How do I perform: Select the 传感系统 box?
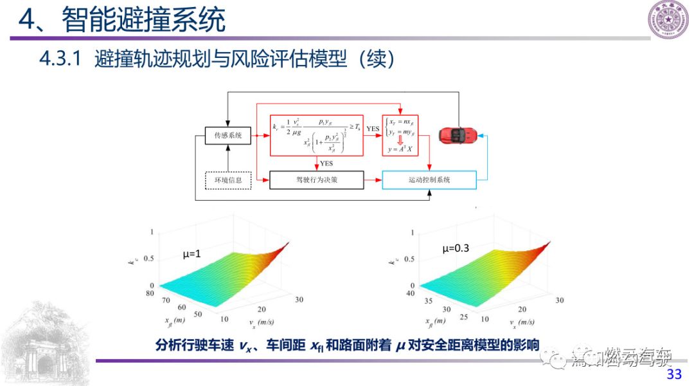pos(227,136)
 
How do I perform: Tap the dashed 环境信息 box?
pos(227,180)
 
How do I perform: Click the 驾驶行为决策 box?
pos(316,180)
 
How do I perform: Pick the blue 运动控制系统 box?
pos(429,180)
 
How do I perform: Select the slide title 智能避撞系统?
pos(144,21)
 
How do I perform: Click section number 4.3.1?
pos(59,60)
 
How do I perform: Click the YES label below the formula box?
pos(326,163)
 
